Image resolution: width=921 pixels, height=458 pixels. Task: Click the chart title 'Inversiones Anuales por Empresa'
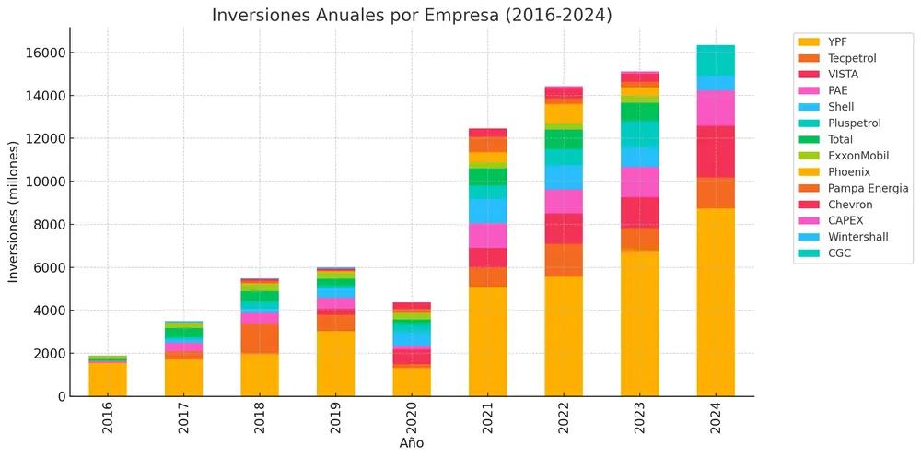pyautogui.click(x=412, y=15)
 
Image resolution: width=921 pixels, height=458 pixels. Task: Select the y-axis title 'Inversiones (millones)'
pyautogui.click(x=14, y=212)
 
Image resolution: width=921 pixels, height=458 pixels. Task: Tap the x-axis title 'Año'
pyautogui.click(x=412, y=443)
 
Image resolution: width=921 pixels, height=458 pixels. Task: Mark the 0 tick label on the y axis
pyautogui.click(x=60, y=396)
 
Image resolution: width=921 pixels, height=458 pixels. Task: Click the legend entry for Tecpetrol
pyautogui.click(x=851, y=58)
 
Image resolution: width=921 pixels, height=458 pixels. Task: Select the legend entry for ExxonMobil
pyautogui.click(x=857, y=156)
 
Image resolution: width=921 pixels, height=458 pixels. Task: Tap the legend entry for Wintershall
pyautogui.click(x=857, y=237)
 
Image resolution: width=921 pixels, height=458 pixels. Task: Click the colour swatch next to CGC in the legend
pyautogui.click(x=808, y=253)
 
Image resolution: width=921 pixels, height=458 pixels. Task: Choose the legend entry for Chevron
pyautogui.click(x=849, y=205)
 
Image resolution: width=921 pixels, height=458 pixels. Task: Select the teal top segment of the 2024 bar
pyautogui.click(x=716, y=60)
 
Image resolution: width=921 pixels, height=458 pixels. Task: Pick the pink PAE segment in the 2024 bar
pyautogui.click(x=716, y=108)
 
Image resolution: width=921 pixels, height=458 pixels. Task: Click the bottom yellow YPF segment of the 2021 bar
pyautogui.click(x=487, y=341)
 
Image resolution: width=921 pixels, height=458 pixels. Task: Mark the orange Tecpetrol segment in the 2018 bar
pyautogui.click(x=260, y=338)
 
